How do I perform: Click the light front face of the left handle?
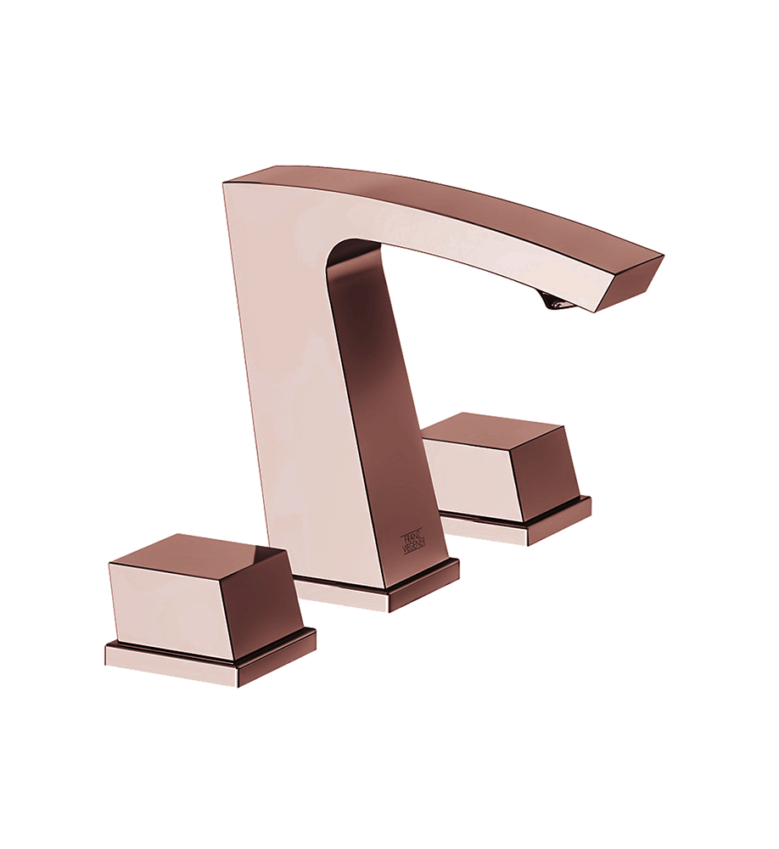[170, 606]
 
